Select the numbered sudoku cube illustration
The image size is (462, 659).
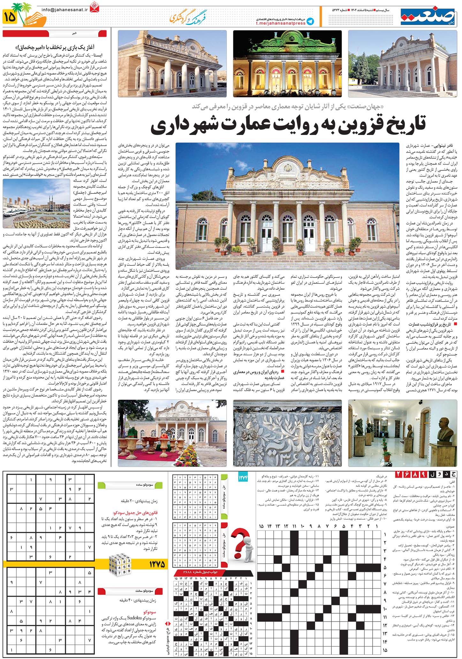tap(120, 565)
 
